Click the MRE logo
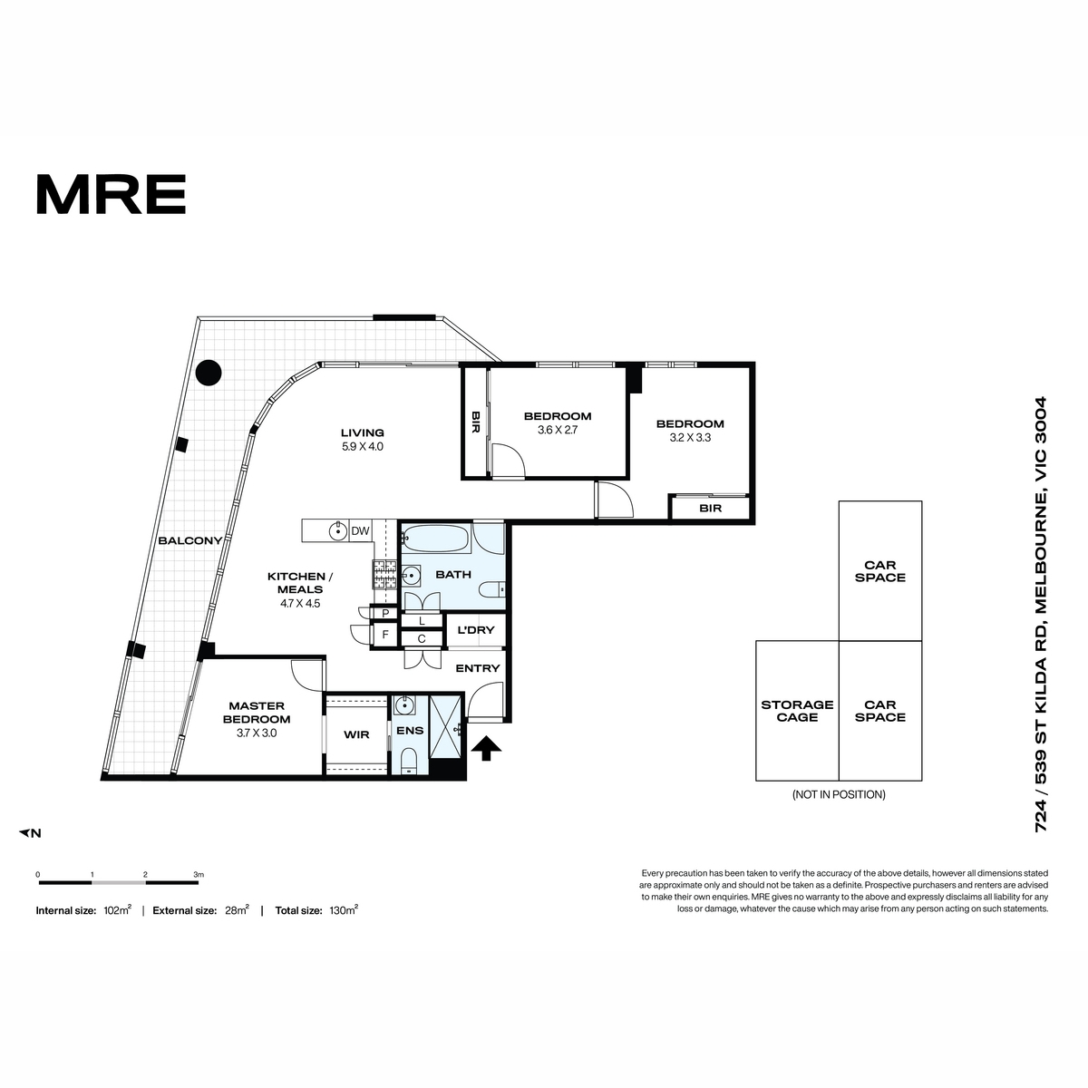(112, 194)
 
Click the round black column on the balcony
(209, 373)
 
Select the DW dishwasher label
(360, 530)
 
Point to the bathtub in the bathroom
(435, 539)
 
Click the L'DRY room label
(475, 630)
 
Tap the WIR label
(356, 734)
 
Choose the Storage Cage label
(797, 711)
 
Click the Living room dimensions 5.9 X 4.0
(362, 447)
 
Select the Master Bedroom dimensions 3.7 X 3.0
(257, 733)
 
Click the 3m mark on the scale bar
(199, 875)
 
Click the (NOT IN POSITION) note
(839, 794)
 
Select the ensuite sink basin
(403, 704)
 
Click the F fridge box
(385, 635)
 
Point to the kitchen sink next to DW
(338, 530)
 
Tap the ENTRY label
(478, 668)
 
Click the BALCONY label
(190, 540)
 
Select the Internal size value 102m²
(118, 910)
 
